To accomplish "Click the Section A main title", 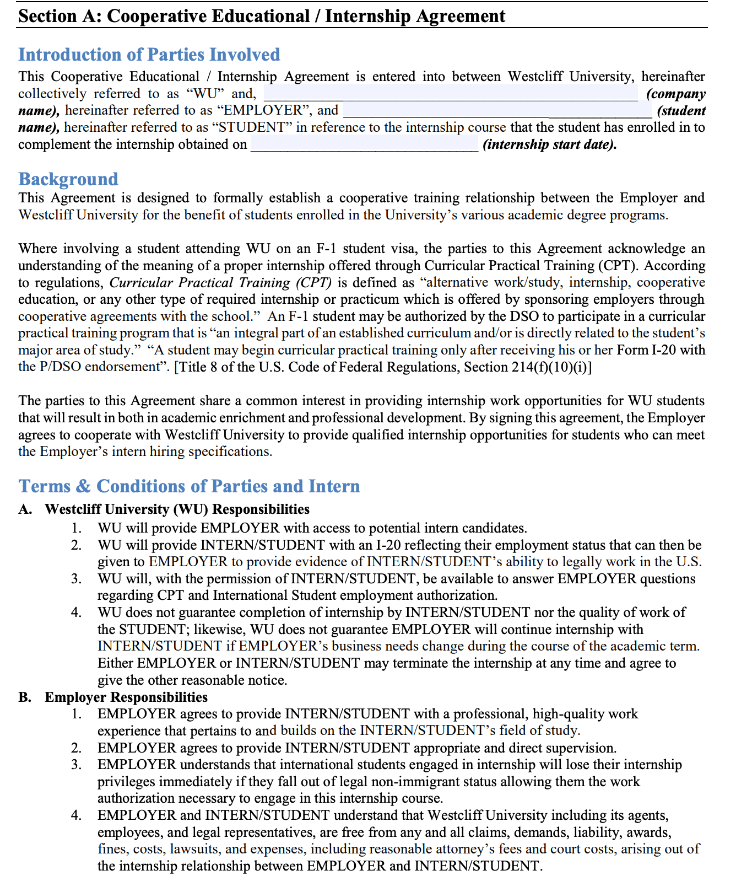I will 262,15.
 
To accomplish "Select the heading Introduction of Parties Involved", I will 149,55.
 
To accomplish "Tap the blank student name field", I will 497,110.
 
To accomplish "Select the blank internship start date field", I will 364,144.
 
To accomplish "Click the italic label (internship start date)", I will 549,145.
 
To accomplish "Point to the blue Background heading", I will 68,179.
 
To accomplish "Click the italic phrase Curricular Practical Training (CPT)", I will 220,283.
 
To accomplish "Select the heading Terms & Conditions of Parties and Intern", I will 189,486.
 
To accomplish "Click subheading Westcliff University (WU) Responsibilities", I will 177,509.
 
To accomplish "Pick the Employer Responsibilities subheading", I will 126,697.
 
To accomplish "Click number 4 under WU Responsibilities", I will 77,613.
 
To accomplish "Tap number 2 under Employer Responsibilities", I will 77,748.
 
